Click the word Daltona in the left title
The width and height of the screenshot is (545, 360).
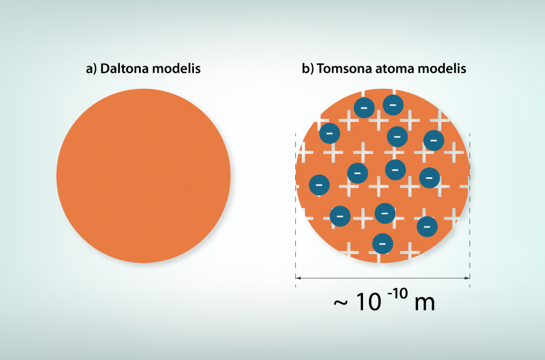[125, 69]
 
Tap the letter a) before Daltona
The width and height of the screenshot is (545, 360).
[91, 69]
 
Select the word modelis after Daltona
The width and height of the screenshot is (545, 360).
[177, 69]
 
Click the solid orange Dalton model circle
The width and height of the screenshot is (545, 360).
[143, 176]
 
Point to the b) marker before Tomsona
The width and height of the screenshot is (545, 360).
[307, 69]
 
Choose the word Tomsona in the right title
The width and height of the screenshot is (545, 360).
[344, 69]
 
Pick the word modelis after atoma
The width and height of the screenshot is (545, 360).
[442, 69]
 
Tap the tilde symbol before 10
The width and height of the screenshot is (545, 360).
[341, 303]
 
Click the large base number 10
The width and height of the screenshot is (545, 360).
[369, 302]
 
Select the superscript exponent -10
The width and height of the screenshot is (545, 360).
[397, 293]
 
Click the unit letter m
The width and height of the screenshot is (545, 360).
[425, 303]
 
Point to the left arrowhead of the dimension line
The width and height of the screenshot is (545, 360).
[298, 278]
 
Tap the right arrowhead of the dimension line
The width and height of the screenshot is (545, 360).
[468, 278]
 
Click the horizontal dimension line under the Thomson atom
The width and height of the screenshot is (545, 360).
[383, 278]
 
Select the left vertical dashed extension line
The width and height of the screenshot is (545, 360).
[296, 210]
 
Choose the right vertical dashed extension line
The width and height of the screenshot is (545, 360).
[470, 210]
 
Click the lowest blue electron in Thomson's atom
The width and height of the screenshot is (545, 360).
[383, 243]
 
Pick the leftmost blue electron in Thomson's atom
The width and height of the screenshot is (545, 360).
[319, 185]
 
